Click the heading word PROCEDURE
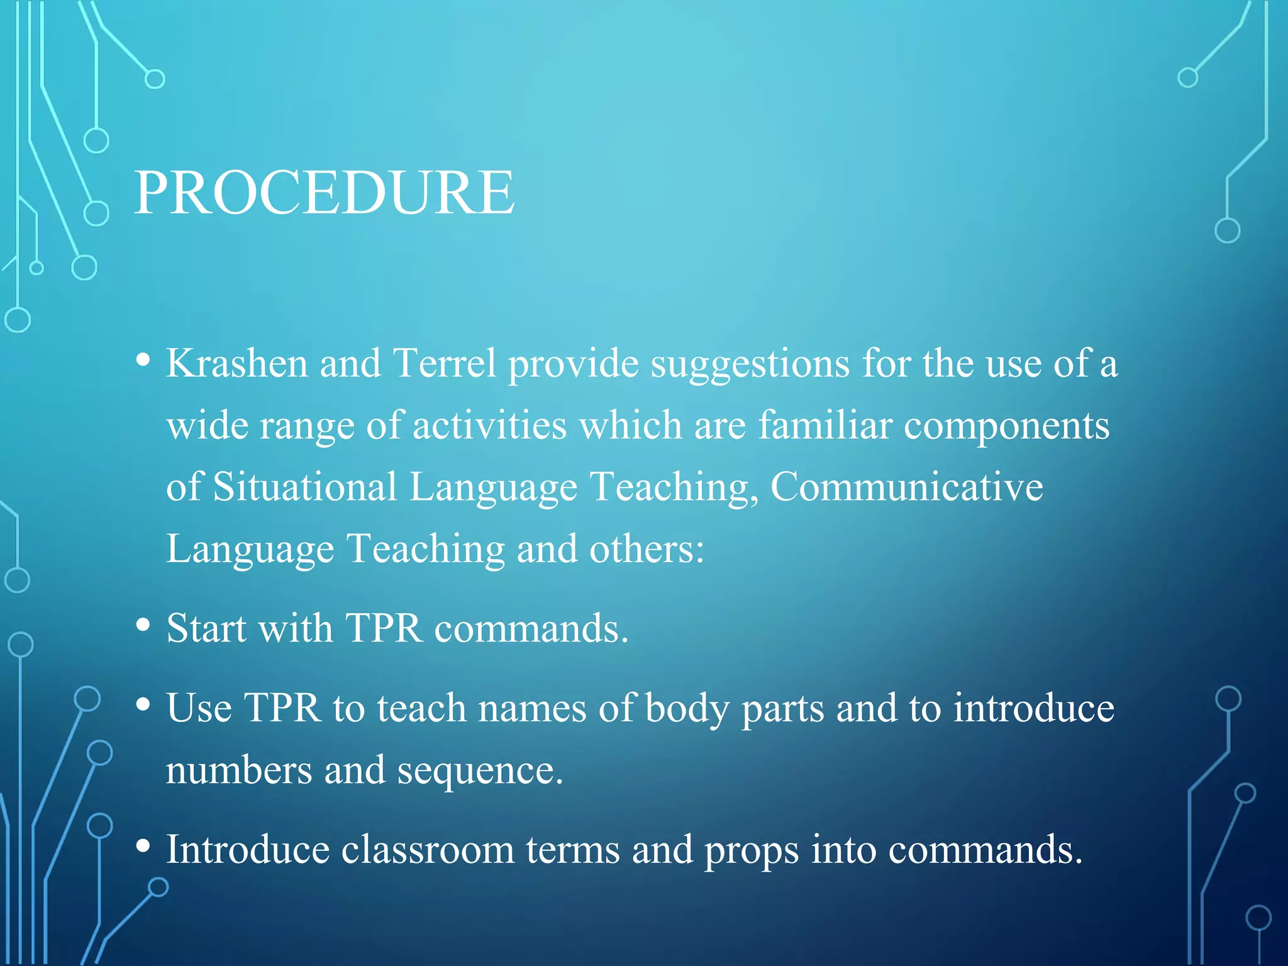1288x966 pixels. [x=325, y=192]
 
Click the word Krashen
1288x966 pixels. [x=236, y=364]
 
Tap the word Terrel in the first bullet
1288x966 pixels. [x=444, y=364]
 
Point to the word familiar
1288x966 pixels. [x=824, y=425]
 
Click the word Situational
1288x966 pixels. [x=304, y=487]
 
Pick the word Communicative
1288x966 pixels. [x=906, y=487]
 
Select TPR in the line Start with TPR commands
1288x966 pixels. [x=384, y=628]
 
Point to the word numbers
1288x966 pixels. [x=238, y=770]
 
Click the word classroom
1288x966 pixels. [x=428, y=849]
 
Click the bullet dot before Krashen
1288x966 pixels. [x=143, y=360]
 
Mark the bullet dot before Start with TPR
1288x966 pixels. [x=143, y=625]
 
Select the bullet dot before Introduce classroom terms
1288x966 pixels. [x=143, y=846]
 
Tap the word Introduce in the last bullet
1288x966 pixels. [x=248, y=849]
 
